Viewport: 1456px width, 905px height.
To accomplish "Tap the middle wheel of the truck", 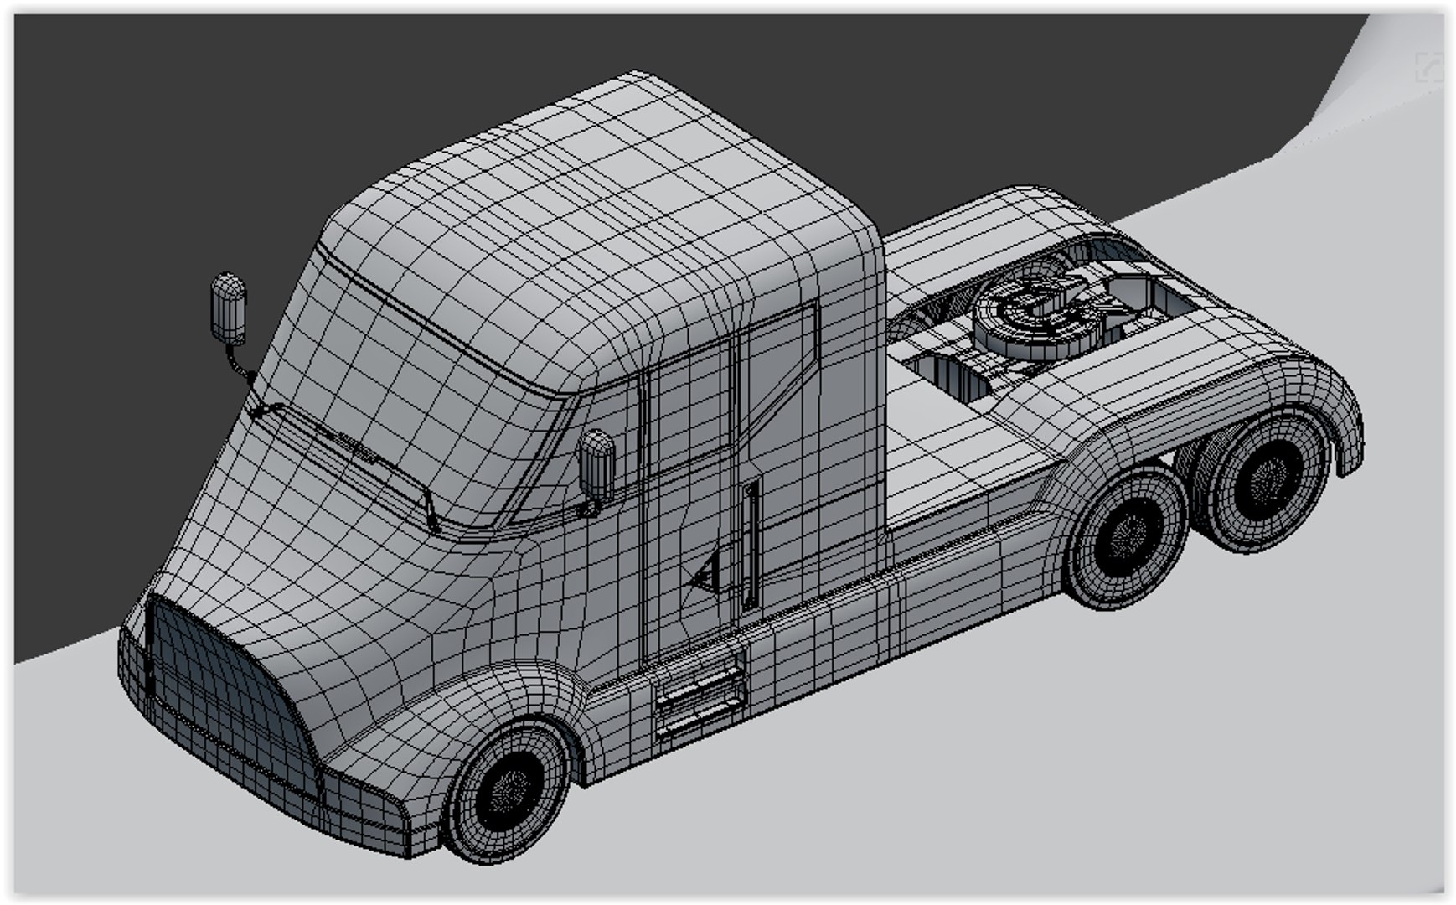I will [x=1128, y=536].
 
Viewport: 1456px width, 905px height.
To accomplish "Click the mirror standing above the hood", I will [x=228, y=308].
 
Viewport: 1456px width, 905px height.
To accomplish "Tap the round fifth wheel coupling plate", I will [x=1026, y=314].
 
